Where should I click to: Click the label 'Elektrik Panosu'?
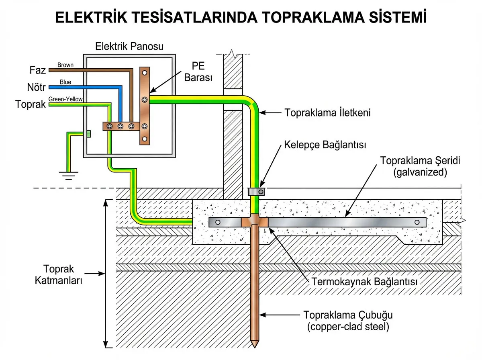pos(129,46)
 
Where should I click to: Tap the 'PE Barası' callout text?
pos(198,72)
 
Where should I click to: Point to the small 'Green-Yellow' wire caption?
pos(65,99)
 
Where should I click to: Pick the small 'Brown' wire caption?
pos(65,65)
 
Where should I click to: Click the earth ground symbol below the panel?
pos(69,174)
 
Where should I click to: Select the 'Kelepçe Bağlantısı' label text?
pos(325,145)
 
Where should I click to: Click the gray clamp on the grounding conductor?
pos(256,192)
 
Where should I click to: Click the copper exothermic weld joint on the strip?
pos(255,222)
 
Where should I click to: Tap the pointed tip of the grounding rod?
pos(255,345)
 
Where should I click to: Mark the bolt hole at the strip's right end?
pos(417,222)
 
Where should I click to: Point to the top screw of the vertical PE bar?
pos(145,73)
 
